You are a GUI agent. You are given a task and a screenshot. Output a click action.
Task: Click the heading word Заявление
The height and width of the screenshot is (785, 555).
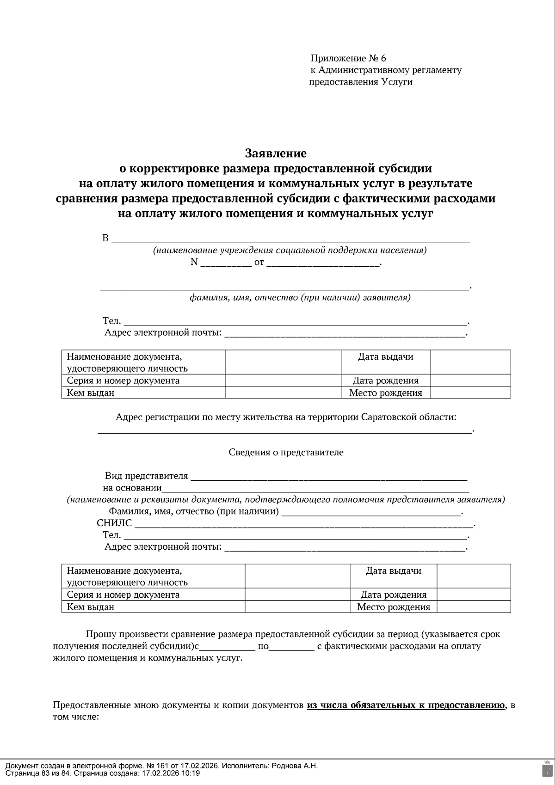pos(276,153)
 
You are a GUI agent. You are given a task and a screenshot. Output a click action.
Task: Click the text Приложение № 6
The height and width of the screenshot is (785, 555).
pos(348,58)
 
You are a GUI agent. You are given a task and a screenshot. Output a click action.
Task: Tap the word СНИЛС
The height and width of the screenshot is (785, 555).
pos(114,523)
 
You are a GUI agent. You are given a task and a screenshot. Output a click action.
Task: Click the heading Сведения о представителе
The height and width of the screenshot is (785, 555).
pos(286,452)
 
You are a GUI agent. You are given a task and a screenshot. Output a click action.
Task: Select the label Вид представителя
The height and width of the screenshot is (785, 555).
pos(147,476)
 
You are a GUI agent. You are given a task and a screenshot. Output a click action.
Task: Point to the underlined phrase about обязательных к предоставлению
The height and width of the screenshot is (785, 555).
pos(406,705)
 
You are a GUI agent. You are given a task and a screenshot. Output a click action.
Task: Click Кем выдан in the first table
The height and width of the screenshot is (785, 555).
pos(91,392)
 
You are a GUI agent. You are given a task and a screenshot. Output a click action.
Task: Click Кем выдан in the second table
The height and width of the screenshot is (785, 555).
pos(91,607)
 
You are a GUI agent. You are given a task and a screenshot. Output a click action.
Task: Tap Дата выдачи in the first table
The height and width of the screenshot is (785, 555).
pos(385,357)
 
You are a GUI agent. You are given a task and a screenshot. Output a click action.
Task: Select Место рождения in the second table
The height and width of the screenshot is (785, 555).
pos(394,607)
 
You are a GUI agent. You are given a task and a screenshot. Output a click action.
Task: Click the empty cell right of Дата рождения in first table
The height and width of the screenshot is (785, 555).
pos(470,380)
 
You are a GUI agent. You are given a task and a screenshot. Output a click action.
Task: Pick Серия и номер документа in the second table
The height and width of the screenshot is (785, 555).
pos(123,595)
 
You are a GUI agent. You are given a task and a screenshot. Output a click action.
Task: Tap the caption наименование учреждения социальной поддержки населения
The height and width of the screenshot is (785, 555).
pos(290,251)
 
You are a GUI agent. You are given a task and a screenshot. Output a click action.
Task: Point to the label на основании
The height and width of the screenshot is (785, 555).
pos(132,488)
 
